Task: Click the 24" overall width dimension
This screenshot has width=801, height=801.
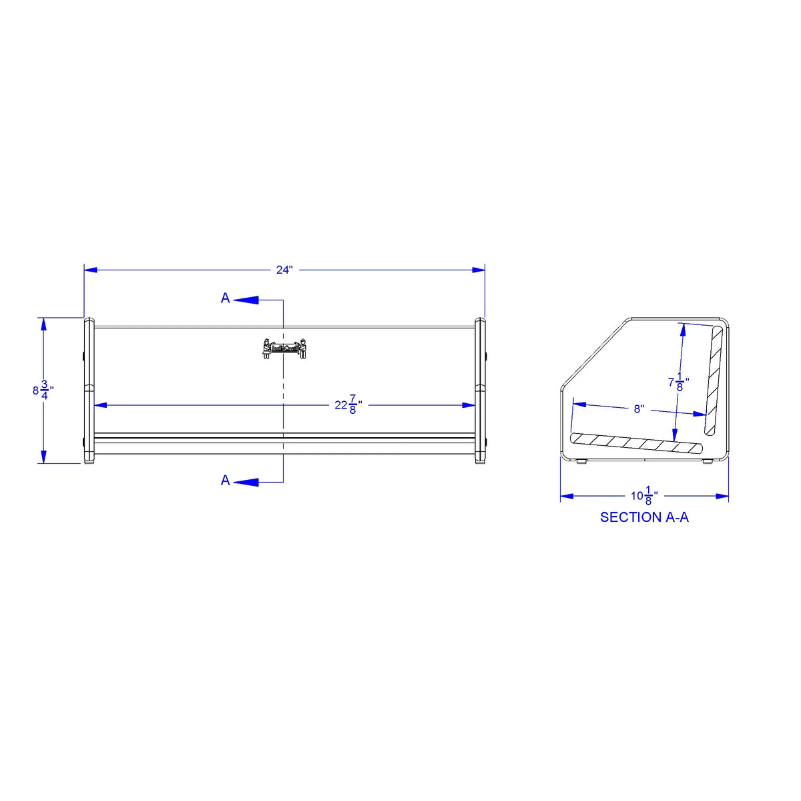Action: [284, 270]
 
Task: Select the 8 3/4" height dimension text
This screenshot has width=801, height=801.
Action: [43, 390]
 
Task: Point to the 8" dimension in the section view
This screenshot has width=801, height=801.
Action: [639, 409]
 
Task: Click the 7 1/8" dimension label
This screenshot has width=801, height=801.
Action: [678, 383]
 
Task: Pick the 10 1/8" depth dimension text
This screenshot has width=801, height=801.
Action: [644, 496]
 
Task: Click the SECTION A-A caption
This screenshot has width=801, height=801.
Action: [644, 517]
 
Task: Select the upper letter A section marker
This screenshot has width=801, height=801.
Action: [226, 298]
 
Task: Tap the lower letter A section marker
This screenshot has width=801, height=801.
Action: [226, 481]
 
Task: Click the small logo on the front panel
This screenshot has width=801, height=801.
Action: [284, 348]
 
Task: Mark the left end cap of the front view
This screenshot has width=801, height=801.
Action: [89, 390]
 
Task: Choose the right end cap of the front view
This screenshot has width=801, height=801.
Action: [480, 390]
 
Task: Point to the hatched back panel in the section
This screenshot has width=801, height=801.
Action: [716, 378]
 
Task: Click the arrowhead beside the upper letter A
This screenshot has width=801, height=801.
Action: [246, 300]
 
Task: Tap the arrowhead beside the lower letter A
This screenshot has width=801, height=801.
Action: [246, 481]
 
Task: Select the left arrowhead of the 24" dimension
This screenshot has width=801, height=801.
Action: [91, 270]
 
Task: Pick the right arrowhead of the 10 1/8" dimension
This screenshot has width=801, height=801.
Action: [722, 496]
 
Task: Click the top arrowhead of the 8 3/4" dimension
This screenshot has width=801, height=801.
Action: [43, 324]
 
